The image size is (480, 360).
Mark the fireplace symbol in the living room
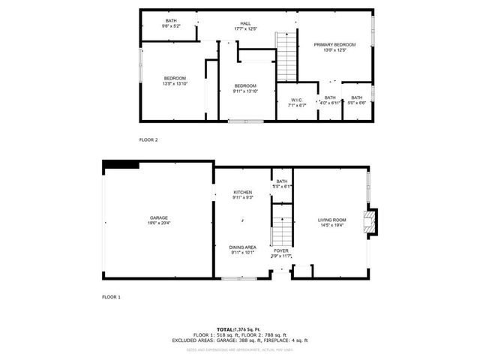coord(369,221)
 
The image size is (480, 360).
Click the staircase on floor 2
coord(286,56)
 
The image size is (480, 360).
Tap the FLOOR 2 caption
coord(148,139)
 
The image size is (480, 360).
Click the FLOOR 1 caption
coord(111,297)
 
